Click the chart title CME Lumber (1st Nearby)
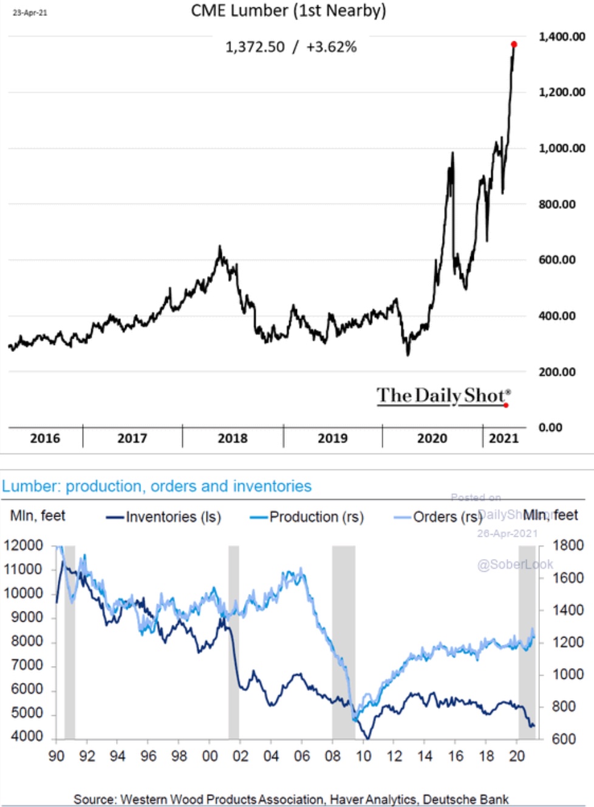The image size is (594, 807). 288,11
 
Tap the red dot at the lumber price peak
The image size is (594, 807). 514,44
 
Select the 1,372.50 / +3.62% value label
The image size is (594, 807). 291,47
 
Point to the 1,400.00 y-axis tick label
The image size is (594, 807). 562,36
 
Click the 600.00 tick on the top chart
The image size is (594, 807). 557,259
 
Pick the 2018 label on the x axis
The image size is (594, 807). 233,438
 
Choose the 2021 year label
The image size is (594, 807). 504,438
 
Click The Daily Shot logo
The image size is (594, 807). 443,396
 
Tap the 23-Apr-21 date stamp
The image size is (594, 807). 30,12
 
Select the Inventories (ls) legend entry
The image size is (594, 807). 164,517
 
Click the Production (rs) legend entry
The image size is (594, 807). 307,517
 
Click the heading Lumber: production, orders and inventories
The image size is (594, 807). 157,486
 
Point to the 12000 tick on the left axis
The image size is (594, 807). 23,545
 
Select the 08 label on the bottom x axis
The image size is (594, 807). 332,756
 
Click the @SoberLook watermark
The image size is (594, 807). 515,565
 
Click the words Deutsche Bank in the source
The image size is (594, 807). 466,799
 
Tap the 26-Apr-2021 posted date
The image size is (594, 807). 507,534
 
